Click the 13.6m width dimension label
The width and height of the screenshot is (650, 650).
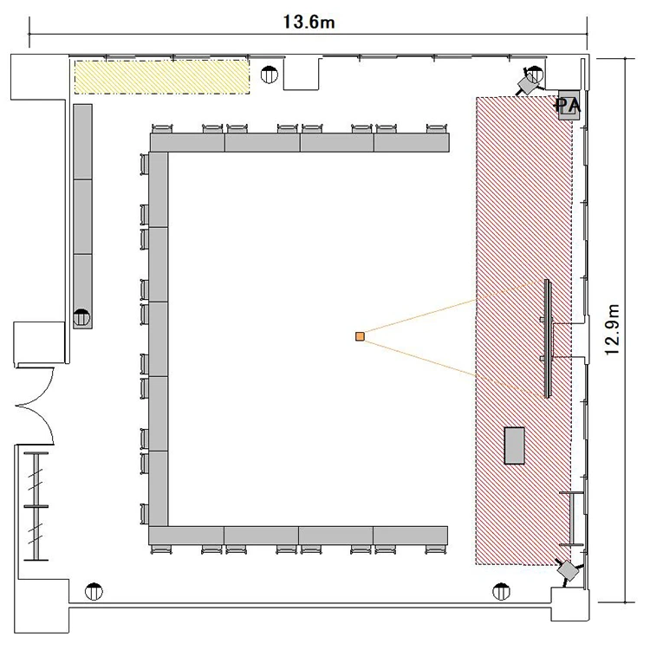[x=309, y=22]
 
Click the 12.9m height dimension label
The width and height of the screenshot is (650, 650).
[x=613, y=329]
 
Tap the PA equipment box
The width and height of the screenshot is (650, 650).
[x=569, y=105]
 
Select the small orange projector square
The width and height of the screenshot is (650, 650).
[x=360, y=336]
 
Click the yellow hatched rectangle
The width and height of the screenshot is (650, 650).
[x=162, y=76]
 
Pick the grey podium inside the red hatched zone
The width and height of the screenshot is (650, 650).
[x=515, y=445]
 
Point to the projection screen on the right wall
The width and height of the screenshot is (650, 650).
[x=548, y=339]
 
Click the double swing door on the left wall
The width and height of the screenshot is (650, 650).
[x=36, y=406]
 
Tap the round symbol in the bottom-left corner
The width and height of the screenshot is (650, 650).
[x=94, y=592]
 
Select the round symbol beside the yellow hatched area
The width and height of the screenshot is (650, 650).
[x=270, y=75]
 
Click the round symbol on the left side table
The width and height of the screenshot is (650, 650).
[x=81, y=318]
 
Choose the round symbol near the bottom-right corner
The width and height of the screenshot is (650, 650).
[x=501, y=592]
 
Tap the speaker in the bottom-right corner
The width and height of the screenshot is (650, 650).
[x=569, y=571]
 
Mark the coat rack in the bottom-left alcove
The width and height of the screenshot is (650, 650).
[x=36, y=506]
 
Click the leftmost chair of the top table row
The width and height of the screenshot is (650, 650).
[x=162, y=128]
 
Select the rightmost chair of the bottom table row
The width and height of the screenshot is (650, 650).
[x=436, y=549]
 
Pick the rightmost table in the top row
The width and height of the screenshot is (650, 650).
[x=412, y=142]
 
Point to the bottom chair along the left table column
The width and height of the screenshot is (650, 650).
[x=144, y=514]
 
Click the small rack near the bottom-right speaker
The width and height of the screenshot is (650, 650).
[x=572, y=518]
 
